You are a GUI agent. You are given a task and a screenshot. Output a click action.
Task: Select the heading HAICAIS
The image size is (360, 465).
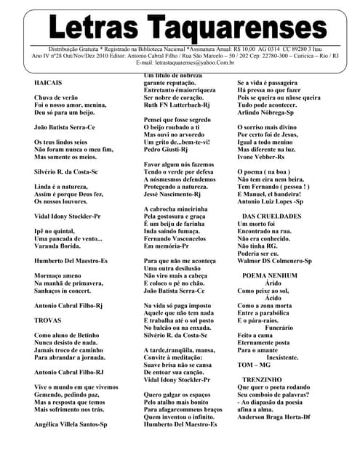pos(48,84)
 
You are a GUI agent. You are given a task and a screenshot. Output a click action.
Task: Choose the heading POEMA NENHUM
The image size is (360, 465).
pos(269,276)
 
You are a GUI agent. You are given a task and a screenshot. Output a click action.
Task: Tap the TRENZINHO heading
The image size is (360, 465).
pos(264,379)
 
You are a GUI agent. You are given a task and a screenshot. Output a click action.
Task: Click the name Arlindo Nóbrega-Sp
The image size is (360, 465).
pos(271,113)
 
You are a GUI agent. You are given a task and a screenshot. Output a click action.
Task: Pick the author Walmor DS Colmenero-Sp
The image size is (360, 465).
pos(275,259)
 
